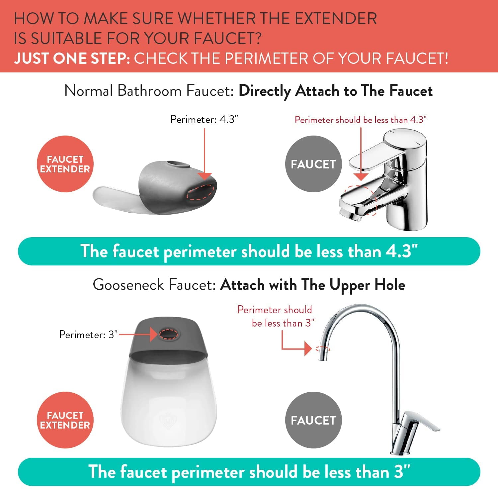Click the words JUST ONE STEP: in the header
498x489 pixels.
tap(72, 58)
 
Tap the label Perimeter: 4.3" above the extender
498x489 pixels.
tap(204, 119)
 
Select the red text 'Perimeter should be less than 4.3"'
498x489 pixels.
tap(361, 120)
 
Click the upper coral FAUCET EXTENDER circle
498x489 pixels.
tap(65, 164)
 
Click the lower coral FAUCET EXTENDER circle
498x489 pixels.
tap(65, 420)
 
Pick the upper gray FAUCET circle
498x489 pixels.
tap(313, 164)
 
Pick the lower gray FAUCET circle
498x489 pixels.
tap(313, 420)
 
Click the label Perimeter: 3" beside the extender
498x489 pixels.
tap(88, 335)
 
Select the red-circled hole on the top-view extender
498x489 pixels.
tap(168, 334)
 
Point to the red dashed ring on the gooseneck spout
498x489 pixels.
tap(322, 349)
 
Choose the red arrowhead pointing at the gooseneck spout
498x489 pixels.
tap(308, 349)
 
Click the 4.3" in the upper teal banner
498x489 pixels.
tap(402, 251)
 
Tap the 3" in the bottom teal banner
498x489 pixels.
tap(402, 472)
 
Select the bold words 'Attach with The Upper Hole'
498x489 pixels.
tap(313, 285)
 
